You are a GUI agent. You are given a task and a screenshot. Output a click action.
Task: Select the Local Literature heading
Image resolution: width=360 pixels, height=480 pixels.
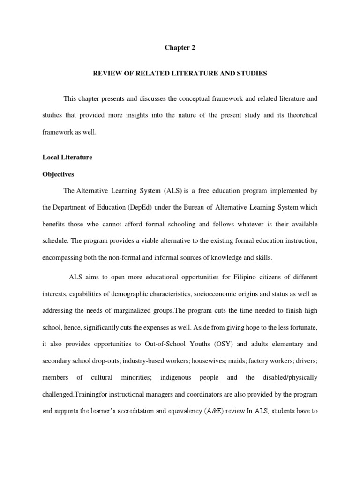[67, 157]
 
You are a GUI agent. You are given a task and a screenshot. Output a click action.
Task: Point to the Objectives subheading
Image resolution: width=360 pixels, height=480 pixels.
[58, 174]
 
